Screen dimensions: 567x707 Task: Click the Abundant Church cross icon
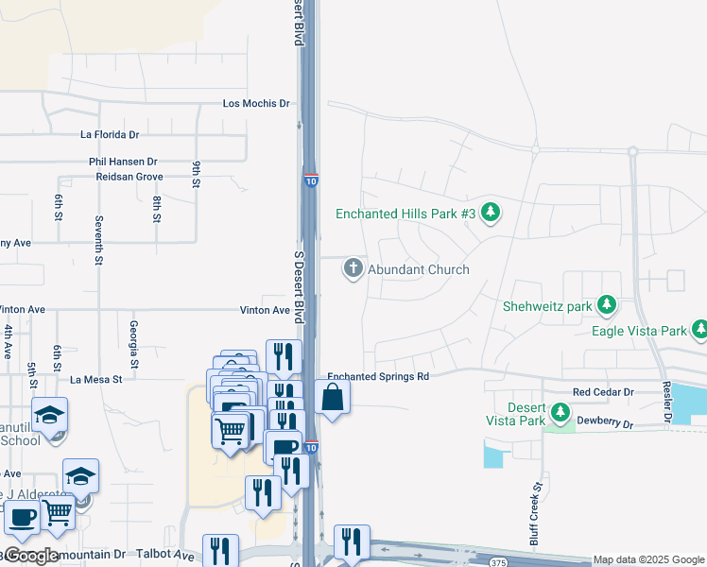coord(353,269)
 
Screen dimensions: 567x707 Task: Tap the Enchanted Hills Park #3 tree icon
coord(490,213)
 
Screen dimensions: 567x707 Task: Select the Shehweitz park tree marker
coord(607,305)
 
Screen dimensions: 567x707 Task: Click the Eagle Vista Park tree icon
coord(699,329)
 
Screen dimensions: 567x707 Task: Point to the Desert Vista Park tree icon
coord(560,413)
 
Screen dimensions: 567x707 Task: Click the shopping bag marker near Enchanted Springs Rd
coord(333,398)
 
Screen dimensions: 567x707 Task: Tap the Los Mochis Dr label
coord(255,103)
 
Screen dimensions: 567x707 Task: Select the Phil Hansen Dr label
coord(123,163)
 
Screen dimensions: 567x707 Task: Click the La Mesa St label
coord(97,380)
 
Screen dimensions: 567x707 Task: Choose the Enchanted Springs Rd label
coord(378,376)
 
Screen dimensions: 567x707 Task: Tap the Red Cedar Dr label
coord(603,391)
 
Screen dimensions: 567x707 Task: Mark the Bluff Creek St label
coord(536,513)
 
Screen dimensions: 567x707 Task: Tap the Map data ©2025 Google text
coord(648,560)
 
